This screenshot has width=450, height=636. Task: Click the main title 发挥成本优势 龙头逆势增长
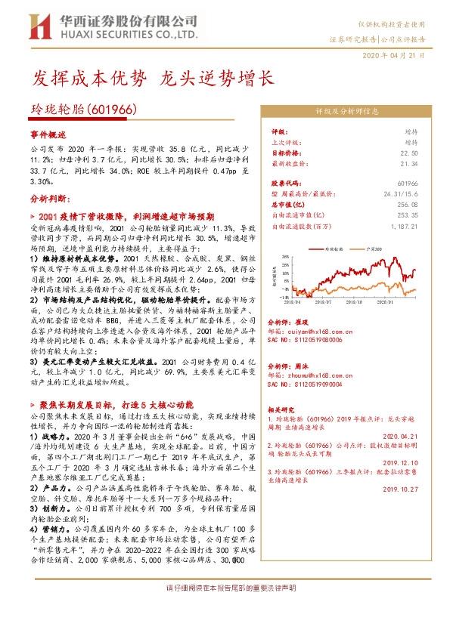(x=151, y=78)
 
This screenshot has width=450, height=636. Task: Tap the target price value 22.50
(x=408, y=153)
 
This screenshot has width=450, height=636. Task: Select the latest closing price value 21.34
(x=408, y=163)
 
